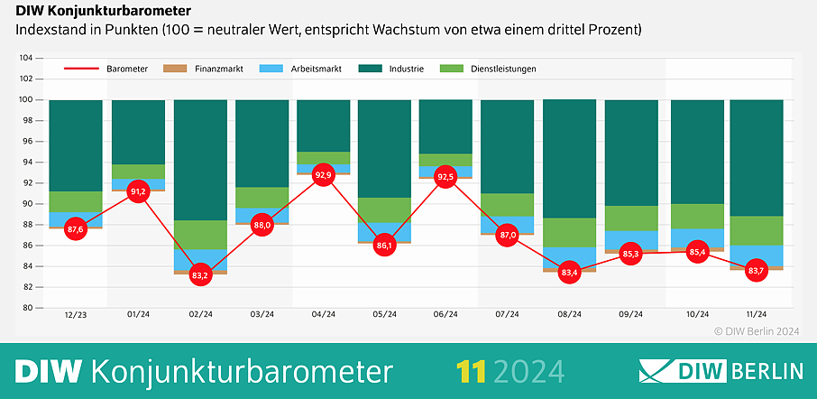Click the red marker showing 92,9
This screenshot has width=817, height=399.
click(x=323, y=174)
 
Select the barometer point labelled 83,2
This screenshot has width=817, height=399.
click(x=200, y=274)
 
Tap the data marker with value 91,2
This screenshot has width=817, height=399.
click(x=138, y=191)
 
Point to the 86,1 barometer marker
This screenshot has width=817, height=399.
click(x=384, y=245)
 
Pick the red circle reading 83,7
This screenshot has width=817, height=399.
click(x=756, y=270)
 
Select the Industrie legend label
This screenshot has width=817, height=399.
click(x=390, y=69)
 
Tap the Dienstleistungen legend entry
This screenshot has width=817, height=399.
click(x=488, y=69)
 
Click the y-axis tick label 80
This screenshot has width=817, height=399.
click(x=27, y=308)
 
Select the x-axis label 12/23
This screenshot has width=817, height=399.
click(x=76, y=314)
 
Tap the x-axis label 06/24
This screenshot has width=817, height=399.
click(x=445, y=314)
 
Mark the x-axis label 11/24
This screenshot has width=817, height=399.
click(x=756, y=314)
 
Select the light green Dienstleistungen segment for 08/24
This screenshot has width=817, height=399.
click(x=570, y=232)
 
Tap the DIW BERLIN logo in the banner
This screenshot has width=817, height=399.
click(x=721, y=371)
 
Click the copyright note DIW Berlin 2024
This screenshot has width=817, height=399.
click(x=757, y=330)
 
